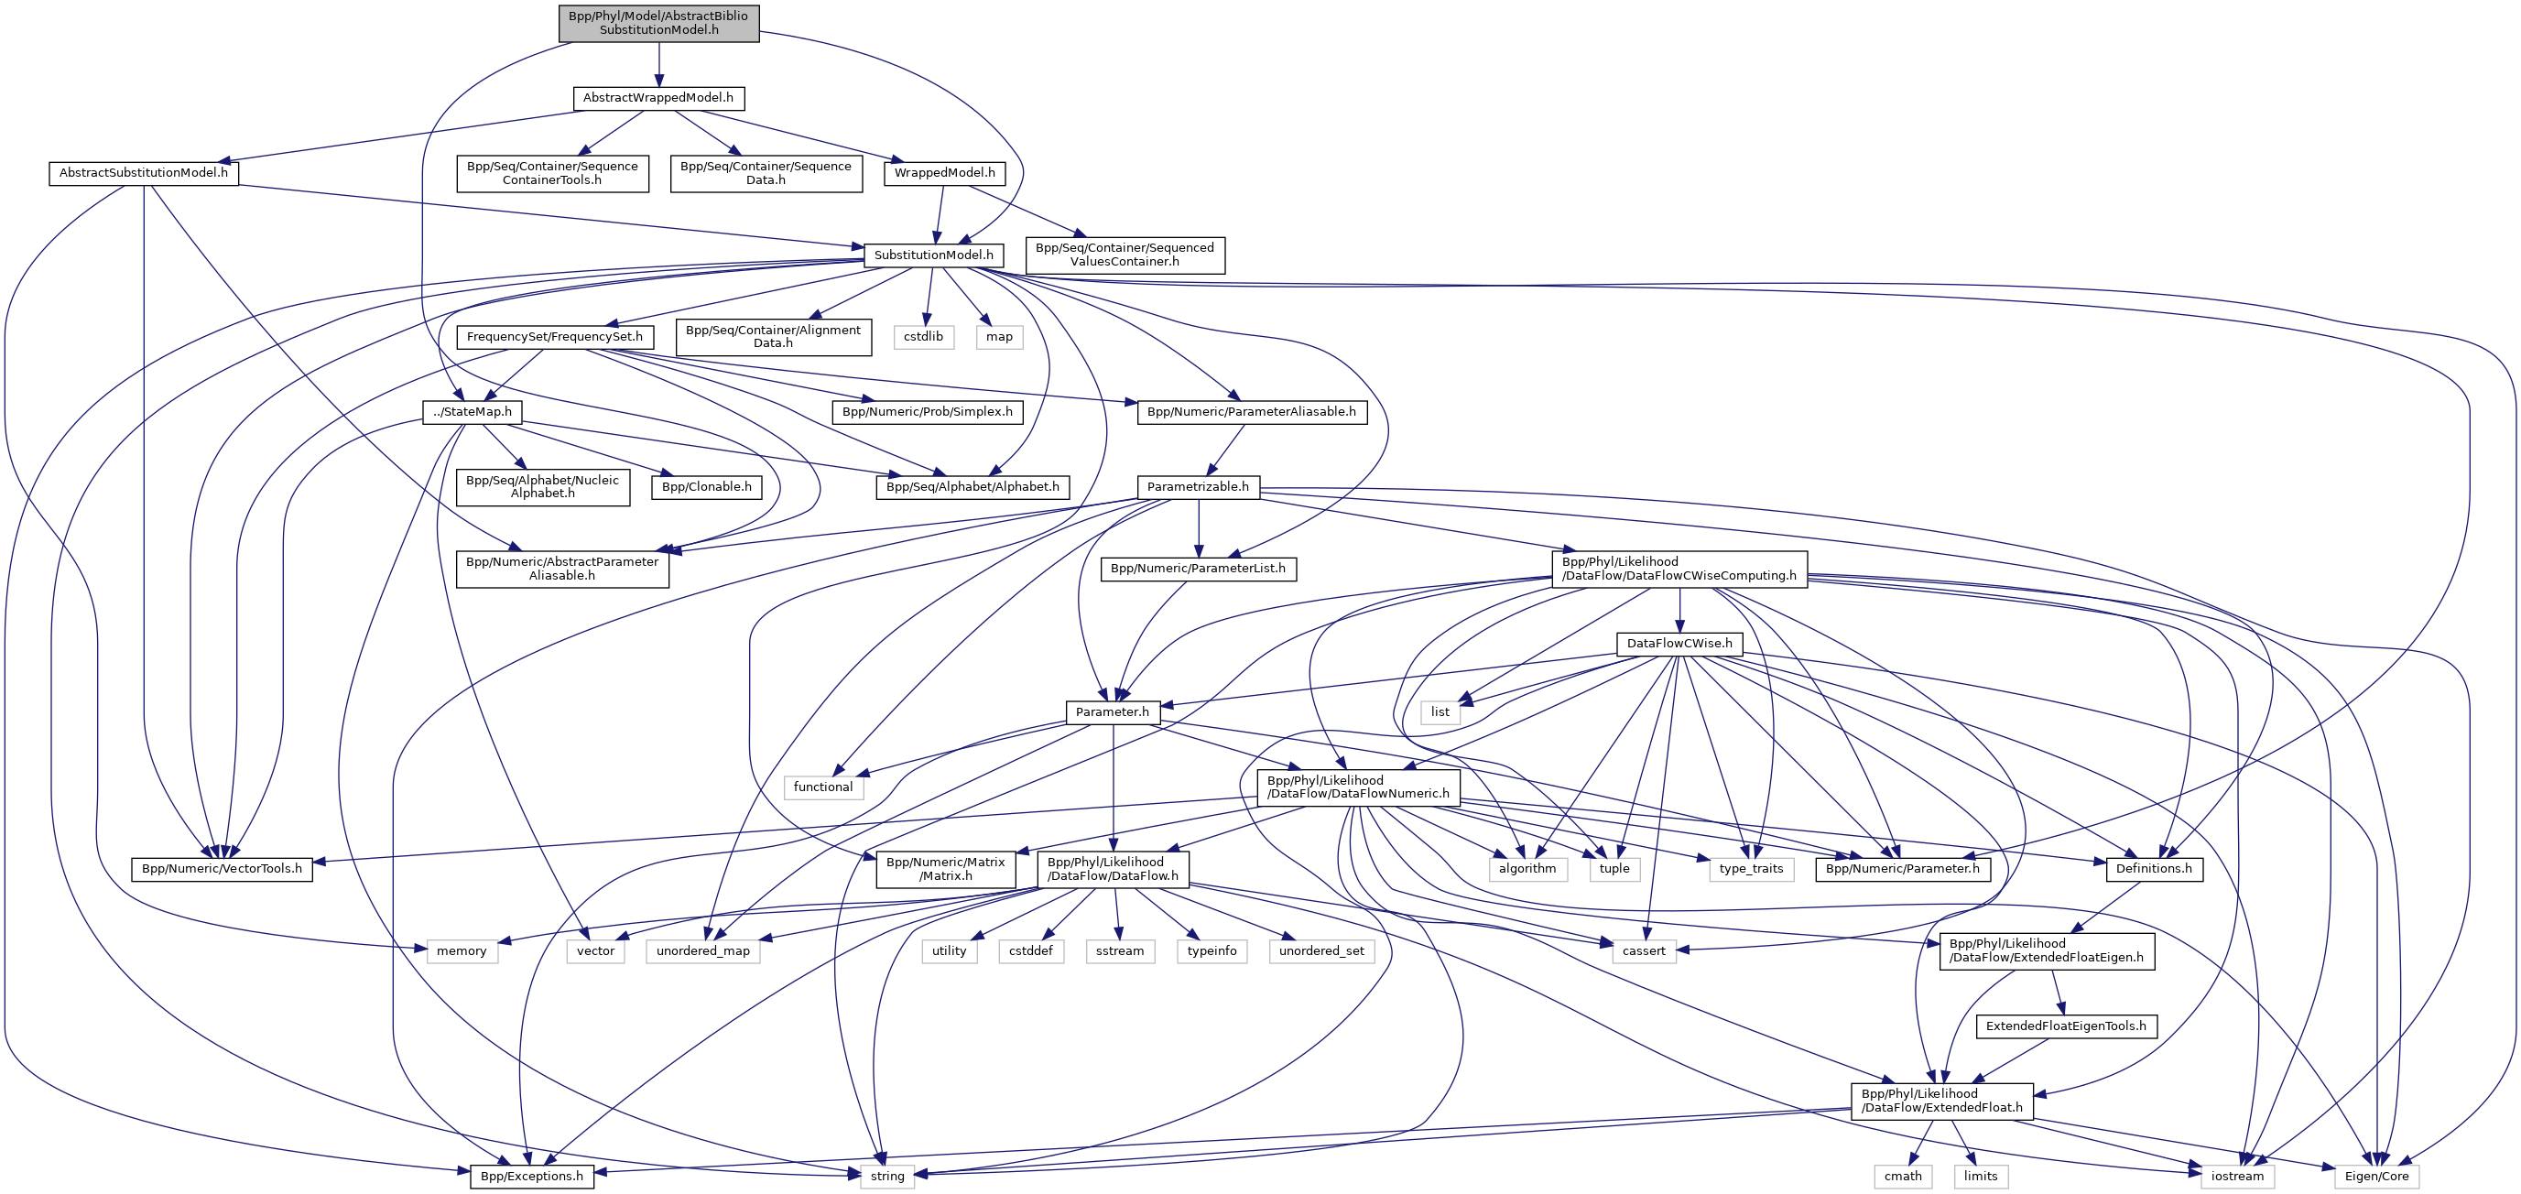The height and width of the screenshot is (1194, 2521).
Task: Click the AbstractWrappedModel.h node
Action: (x=657, y=98)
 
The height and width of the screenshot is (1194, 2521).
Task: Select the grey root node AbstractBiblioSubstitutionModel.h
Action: (x=657, y=23)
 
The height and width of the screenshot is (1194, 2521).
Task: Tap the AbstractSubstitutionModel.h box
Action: (x=143, y=173)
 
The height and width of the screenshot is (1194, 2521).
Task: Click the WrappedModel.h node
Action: (x=943, y=173)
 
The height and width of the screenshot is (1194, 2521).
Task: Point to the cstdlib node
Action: (x=923, y=337)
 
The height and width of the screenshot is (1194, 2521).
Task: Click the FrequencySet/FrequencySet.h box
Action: (x=554, y=337)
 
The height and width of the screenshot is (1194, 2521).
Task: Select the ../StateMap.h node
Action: (x=472, y=412)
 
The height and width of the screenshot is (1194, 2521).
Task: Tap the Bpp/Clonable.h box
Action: (x=707, y=486)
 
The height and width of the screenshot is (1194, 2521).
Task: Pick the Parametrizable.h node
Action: (x=1197, y=486)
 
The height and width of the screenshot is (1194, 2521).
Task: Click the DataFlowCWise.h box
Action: (x=1679, y=644)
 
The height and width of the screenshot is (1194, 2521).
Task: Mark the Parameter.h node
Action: (x=1112, y=712)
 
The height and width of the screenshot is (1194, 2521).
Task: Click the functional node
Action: (x=822, y=787)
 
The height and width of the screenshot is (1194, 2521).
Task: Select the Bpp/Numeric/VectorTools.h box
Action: (x=222, y=869)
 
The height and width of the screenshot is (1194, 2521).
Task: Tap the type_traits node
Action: (x=1750, y=869)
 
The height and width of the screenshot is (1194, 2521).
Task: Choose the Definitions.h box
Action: (x=2153, y=869)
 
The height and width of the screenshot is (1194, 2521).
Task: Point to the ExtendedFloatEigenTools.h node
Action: (x=2065, y=1026)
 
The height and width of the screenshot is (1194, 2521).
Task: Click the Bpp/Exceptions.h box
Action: (x=531, y=1177)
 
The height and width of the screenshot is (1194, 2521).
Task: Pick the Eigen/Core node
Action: (x=2376, y=1177)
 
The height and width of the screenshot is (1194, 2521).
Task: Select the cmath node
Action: (x=1903, y=1177)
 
